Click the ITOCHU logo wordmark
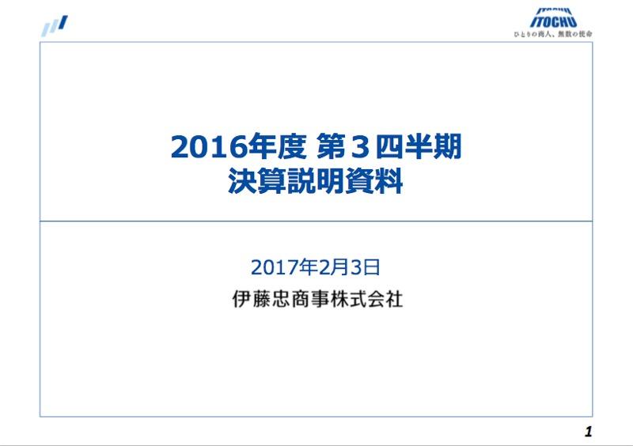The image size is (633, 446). pyautogui.click(x=553, y=18)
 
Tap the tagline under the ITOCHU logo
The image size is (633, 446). pyautogui.click(x=553, y=34)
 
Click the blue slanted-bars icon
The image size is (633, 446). pyautogui.click(x=55, y=25)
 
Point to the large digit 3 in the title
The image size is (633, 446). pyautogui.click(x=358, y=147)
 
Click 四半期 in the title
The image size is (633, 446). pyautogui.click(x=419, y=146)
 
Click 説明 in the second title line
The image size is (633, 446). pyautogui.click(x=316, y=181)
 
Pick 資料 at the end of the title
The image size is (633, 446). pyautogui.click(x=373, y=181)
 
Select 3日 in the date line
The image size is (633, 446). pyautogui.click(x=365, y=267)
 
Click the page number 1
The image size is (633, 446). pyautogui.click(x=588, y=432)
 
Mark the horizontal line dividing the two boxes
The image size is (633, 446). pyautogui.click(x=316, y=221)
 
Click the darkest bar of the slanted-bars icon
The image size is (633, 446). pyautogui.click(x=63, y=22)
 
